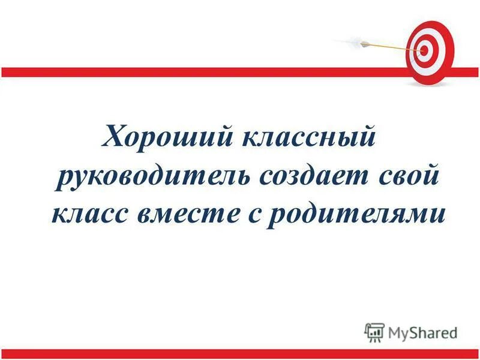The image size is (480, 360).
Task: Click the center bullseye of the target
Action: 425,51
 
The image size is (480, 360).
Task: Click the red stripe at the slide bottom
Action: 240,353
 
